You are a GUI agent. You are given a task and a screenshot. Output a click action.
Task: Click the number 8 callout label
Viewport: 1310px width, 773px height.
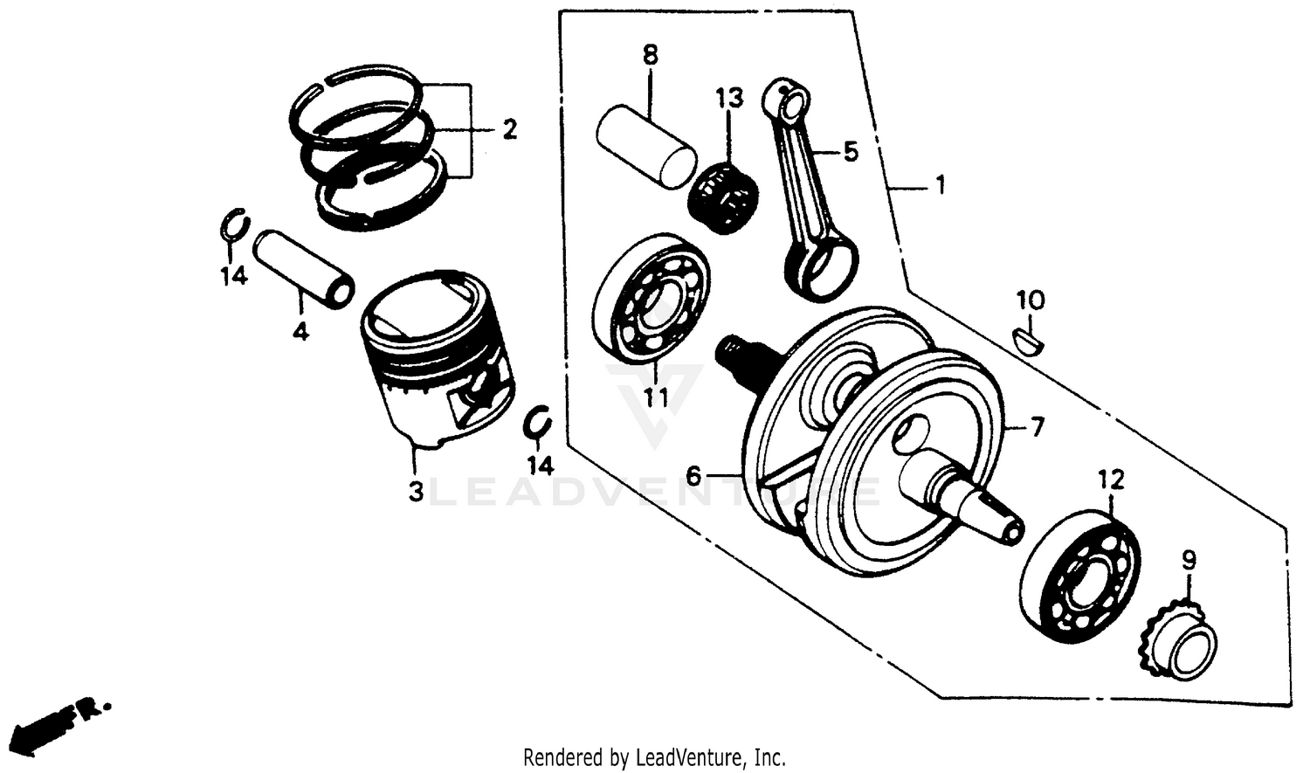point(650,55)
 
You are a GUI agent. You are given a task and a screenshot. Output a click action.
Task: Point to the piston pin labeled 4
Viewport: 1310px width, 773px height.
point(304,267)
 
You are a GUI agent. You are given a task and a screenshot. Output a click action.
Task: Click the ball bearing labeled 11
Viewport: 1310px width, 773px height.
point(651,297)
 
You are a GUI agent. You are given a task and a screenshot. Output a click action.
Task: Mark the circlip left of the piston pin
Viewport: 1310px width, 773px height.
point(233,225)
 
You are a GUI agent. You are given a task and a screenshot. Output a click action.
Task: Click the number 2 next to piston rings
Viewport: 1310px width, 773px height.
point(509,130)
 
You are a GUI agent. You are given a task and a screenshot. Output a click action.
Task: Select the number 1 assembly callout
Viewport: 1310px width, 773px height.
point(940,185)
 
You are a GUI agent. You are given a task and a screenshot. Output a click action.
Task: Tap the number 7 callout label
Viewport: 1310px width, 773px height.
point(1037,427)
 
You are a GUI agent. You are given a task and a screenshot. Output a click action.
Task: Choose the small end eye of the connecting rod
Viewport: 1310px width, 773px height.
point(790,101)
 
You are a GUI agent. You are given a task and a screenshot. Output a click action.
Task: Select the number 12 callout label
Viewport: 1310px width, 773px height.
point(1112,480)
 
